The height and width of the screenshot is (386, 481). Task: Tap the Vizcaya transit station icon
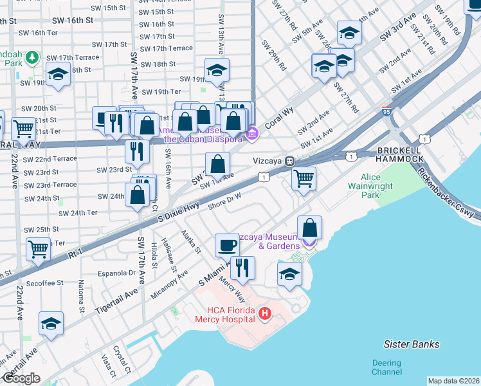point(290,161)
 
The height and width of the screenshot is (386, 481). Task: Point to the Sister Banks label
point(411,344)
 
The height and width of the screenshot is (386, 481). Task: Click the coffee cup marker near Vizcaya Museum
point(226,245)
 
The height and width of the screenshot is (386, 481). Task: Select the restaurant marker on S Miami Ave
point(242,268)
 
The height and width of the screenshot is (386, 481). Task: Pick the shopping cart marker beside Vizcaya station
point(304,178)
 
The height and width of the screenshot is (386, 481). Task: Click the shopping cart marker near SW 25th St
point(39,248)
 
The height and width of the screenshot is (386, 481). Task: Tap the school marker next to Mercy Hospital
point(289,273)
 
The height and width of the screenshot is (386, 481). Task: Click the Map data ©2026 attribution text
point(453,381)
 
